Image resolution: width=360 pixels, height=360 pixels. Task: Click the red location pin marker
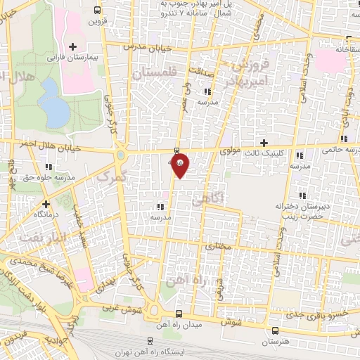(x=181, y=167)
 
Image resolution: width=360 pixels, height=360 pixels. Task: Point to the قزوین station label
(x=96, y=21)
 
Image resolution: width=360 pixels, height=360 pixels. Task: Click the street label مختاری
(x=217, y=247)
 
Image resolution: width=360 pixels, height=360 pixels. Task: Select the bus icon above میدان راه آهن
(x=179, y=314)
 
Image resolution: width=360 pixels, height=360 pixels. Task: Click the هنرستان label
(x=275, y=341)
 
